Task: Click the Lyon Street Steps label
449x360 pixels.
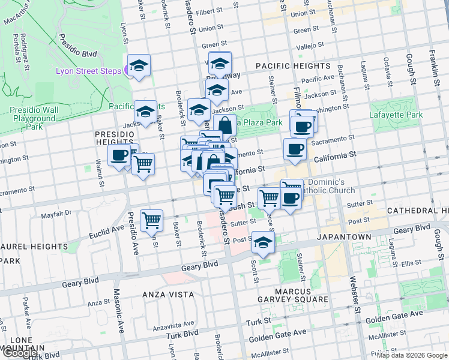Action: point(89,71)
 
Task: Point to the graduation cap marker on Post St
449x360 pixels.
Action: point(262,242)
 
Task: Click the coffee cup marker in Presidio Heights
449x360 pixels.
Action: point(119,155)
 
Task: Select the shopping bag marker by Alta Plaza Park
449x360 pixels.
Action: point(225,126)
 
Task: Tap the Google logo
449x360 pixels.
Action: point(19,353)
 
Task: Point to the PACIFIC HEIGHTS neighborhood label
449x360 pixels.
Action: point(293,65)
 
